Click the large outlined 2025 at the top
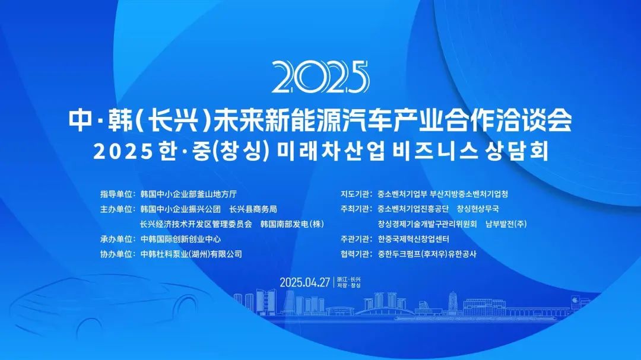[320, 77]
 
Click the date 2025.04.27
[304, 282]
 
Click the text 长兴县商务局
[253, 209]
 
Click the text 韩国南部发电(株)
[292, 224]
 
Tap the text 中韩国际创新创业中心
[180, 239]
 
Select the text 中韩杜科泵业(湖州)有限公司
[191, 254]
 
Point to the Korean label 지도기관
[355, 194]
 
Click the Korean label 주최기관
[355, 209]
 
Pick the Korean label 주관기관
[355, 239]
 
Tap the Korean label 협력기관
[355, 254]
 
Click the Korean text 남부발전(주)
[506, 224]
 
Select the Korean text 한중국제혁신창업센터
[413, 239]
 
